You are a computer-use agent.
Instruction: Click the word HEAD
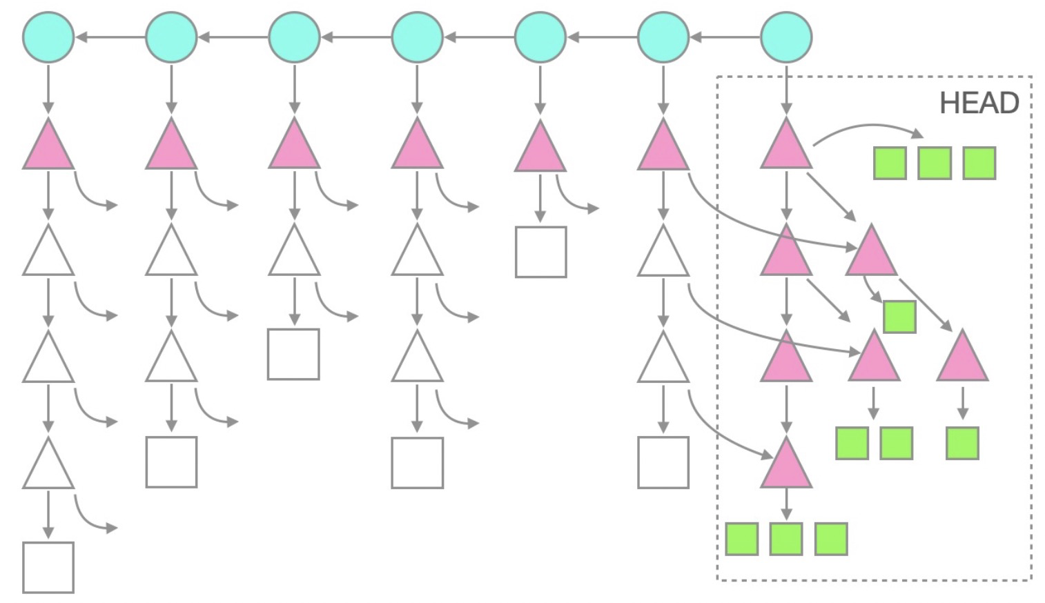pos(979,103)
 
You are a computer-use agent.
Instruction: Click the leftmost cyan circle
pos(48,37)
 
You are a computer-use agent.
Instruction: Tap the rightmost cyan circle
pos(786,37)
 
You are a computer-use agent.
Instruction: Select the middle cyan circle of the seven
pos(417,37)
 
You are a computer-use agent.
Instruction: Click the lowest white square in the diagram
pos(48,567)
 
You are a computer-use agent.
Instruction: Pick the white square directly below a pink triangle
pos(540,252)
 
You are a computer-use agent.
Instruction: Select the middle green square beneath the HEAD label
pos(935,164)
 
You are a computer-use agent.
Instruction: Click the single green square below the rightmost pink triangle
pos(962,443)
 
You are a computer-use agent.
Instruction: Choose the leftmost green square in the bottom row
pos(742,539)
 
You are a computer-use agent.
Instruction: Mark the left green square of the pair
pos(852,443)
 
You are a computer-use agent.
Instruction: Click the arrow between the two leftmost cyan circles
pos(110,37)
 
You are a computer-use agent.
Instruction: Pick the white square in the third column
pos(293,354)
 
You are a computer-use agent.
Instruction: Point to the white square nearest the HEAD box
pos(663,462)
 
